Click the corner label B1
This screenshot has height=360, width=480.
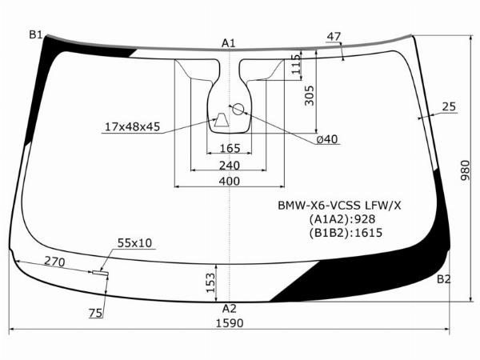(x=35, y=35)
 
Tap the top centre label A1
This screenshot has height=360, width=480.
(x=228, y=43)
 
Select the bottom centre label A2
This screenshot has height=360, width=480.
(x=230, y=309)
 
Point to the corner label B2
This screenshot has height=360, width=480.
(x=443, y=279)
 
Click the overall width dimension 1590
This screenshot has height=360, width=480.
(x=230, y=323)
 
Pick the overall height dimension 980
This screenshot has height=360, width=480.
(x=465, y=170)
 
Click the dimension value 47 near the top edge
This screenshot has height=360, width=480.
(x=334, y=37)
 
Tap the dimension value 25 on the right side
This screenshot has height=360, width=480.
(x=449, y=106)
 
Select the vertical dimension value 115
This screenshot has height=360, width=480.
(x=296, y=64)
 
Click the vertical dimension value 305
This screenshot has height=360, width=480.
(x=309, y=95)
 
